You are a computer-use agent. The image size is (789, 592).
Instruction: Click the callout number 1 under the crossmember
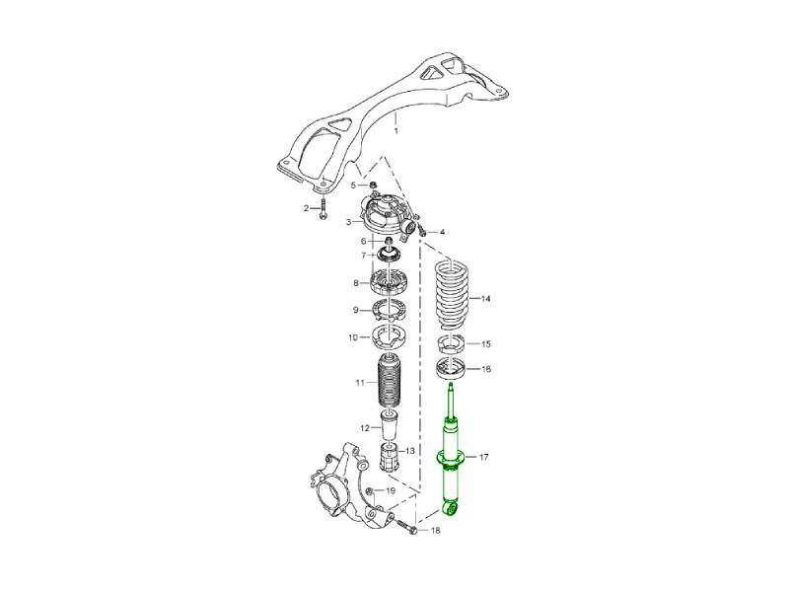pos(396,131)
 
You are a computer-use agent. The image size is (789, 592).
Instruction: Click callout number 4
pos(441,232)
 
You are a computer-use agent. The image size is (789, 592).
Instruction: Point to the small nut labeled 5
pos(374,185)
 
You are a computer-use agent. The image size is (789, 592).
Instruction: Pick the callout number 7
pos(363,256)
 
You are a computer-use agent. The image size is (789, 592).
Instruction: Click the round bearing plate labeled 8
pos(388,283)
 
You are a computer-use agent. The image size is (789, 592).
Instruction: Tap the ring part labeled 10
pos(389,336)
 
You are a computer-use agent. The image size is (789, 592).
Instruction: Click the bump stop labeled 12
pos(389,426)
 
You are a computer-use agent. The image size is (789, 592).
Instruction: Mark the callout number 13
pos(410,451)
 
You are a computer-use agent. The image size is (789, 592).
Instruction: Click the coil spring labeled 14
pos(452,293)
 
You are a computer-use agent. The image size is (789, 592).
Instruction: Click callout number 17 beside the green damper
pos(483,458)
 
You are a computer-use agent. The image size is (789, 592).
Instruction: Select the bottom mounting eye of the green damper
pos(451,509)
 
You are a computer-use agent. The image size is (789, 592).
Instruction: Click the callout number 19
pos(391,490)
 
